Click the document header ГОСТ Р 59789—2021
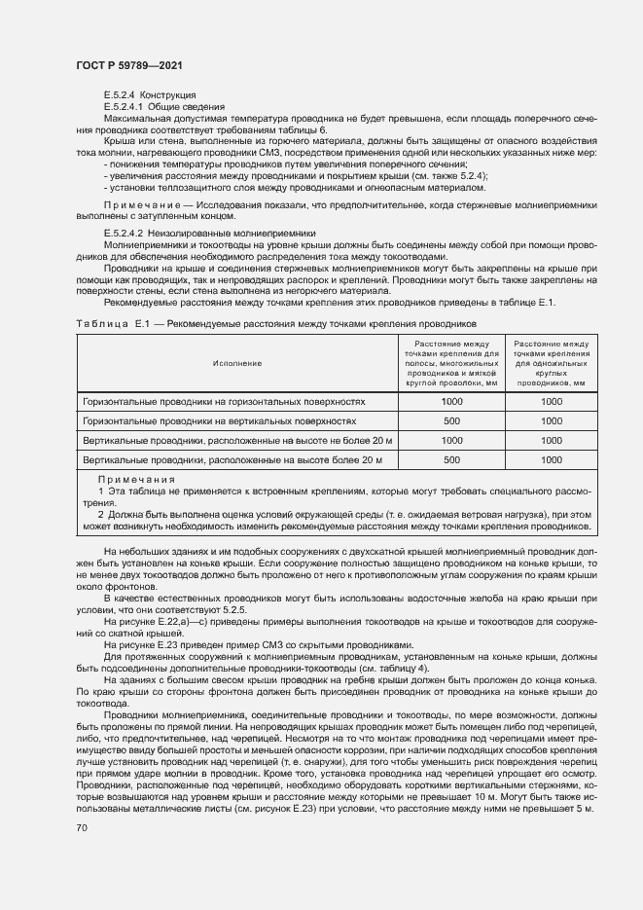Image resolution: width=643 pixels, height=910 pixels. [x=128, y=65]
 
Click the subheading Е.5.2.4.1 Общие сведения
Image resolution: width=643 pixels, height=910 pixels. [x=163, y=106]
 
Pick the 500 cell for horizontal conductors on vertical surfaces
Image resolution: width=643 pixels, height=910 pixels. [x=451, y=421]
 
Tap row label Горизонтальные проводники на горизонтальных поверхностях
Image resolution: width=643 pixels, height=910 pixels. [x=224, y=401]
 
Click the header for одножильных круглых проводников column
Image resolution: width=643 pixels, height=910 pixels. [x=551, y=363]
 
